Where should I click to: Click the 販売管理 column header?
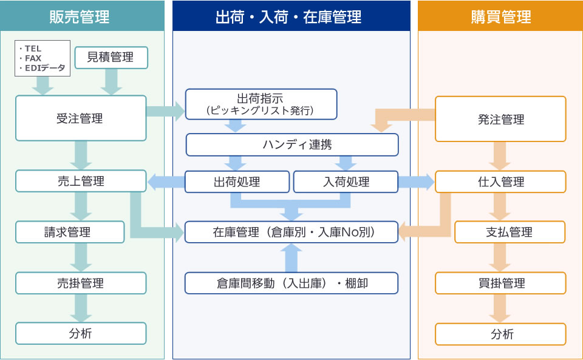82,16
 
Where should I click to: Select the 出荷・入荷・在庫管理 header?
291,16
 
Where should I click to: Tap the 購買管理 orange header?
500,16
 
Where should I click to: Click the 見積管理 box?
111,58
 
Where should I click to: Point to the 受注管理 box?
81,118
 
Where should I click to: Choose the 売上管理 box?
81,181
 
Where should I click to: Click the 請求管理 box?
70,232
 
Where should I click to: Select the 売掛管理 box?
81,283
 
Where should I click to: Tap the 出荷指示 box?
261,104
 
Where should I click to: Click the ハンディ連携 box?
292,144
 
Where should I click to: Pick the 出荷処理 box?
237,182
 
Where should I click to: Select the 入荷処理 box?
346,182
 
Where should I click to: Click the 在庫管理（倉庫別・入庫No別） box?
291,232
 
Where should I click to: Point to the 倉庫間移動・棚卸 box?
291,283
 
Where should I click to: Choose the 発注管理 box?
500,119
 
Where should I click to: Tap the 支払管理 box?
510,232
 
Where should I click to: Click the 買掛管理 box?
500,283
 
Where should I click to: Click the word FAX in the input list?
33,58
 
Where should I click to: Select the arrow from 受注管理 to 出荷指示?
165,111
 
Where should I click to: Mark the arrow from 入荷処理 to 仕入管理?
416,182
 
